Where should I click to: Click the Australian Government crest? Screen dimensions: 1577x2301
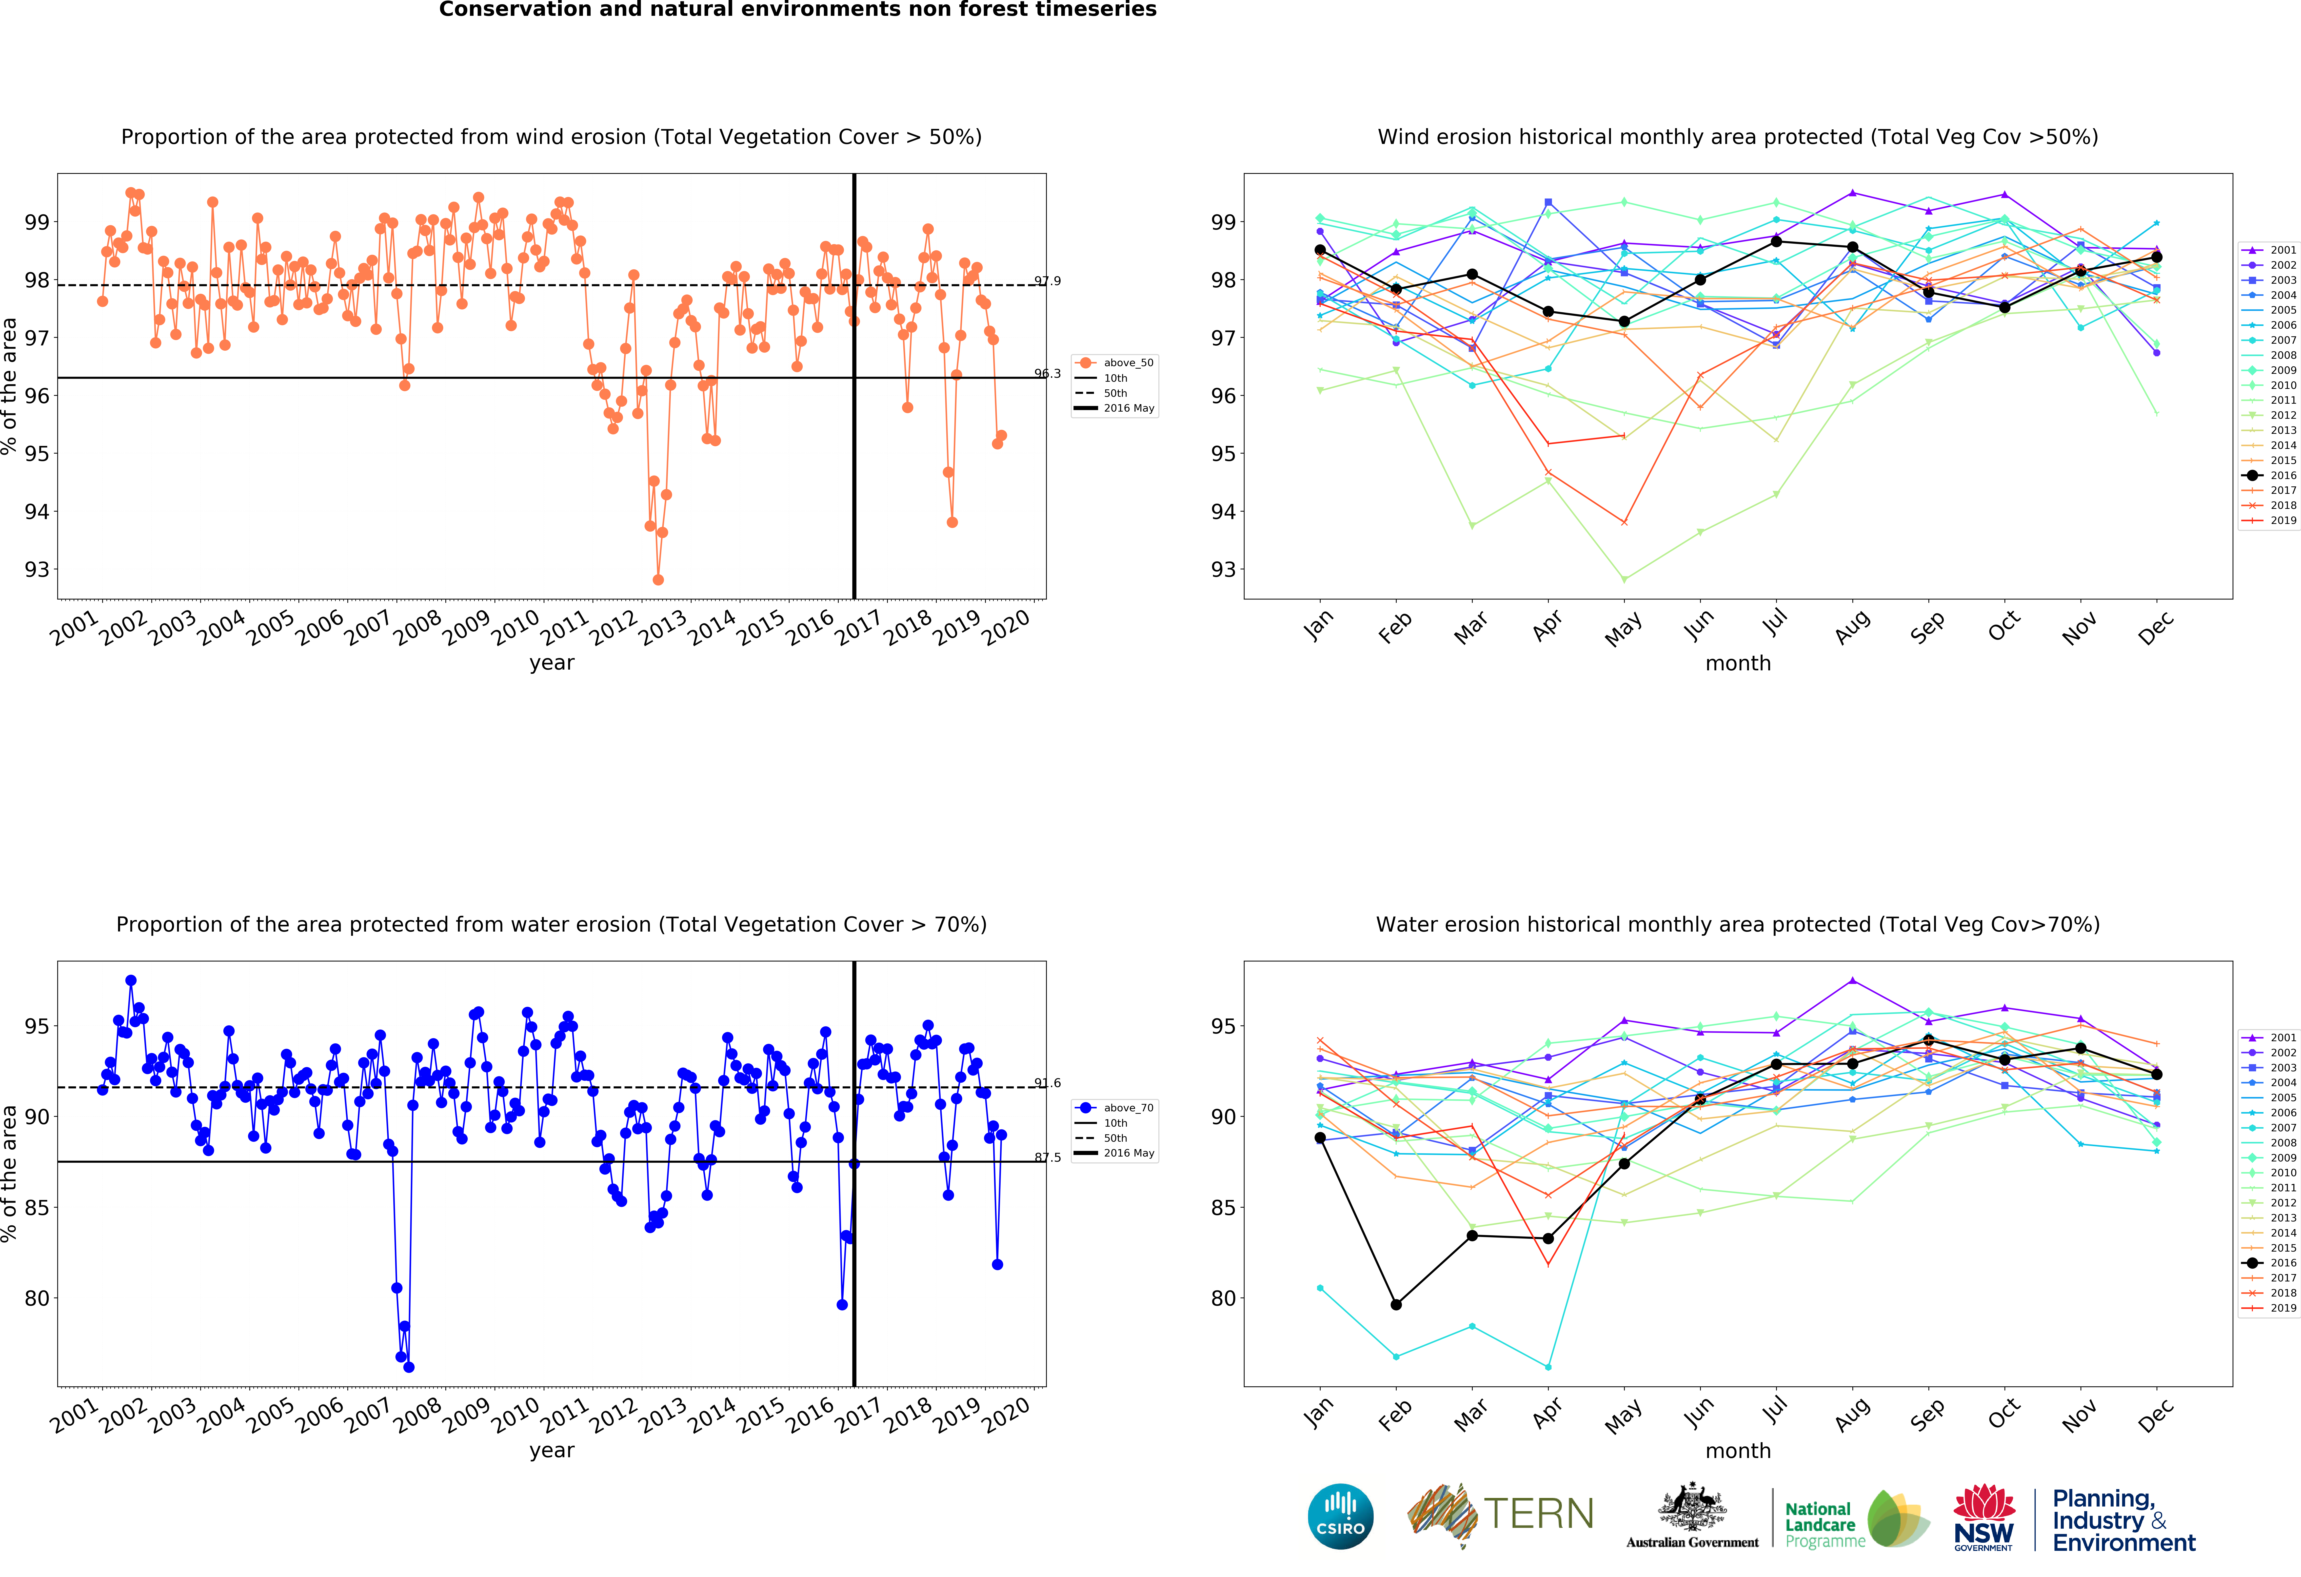[x=1692, y=1512]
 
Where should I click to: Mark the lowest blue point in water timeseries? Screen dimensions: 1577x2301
[x=409, y=1367]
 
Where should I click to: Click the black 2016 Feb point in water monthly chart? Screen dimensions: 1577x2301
[x=1396, y=1305]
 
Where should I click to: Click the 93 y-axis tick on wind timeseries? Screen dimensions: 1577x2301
[x=37, y=570]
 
